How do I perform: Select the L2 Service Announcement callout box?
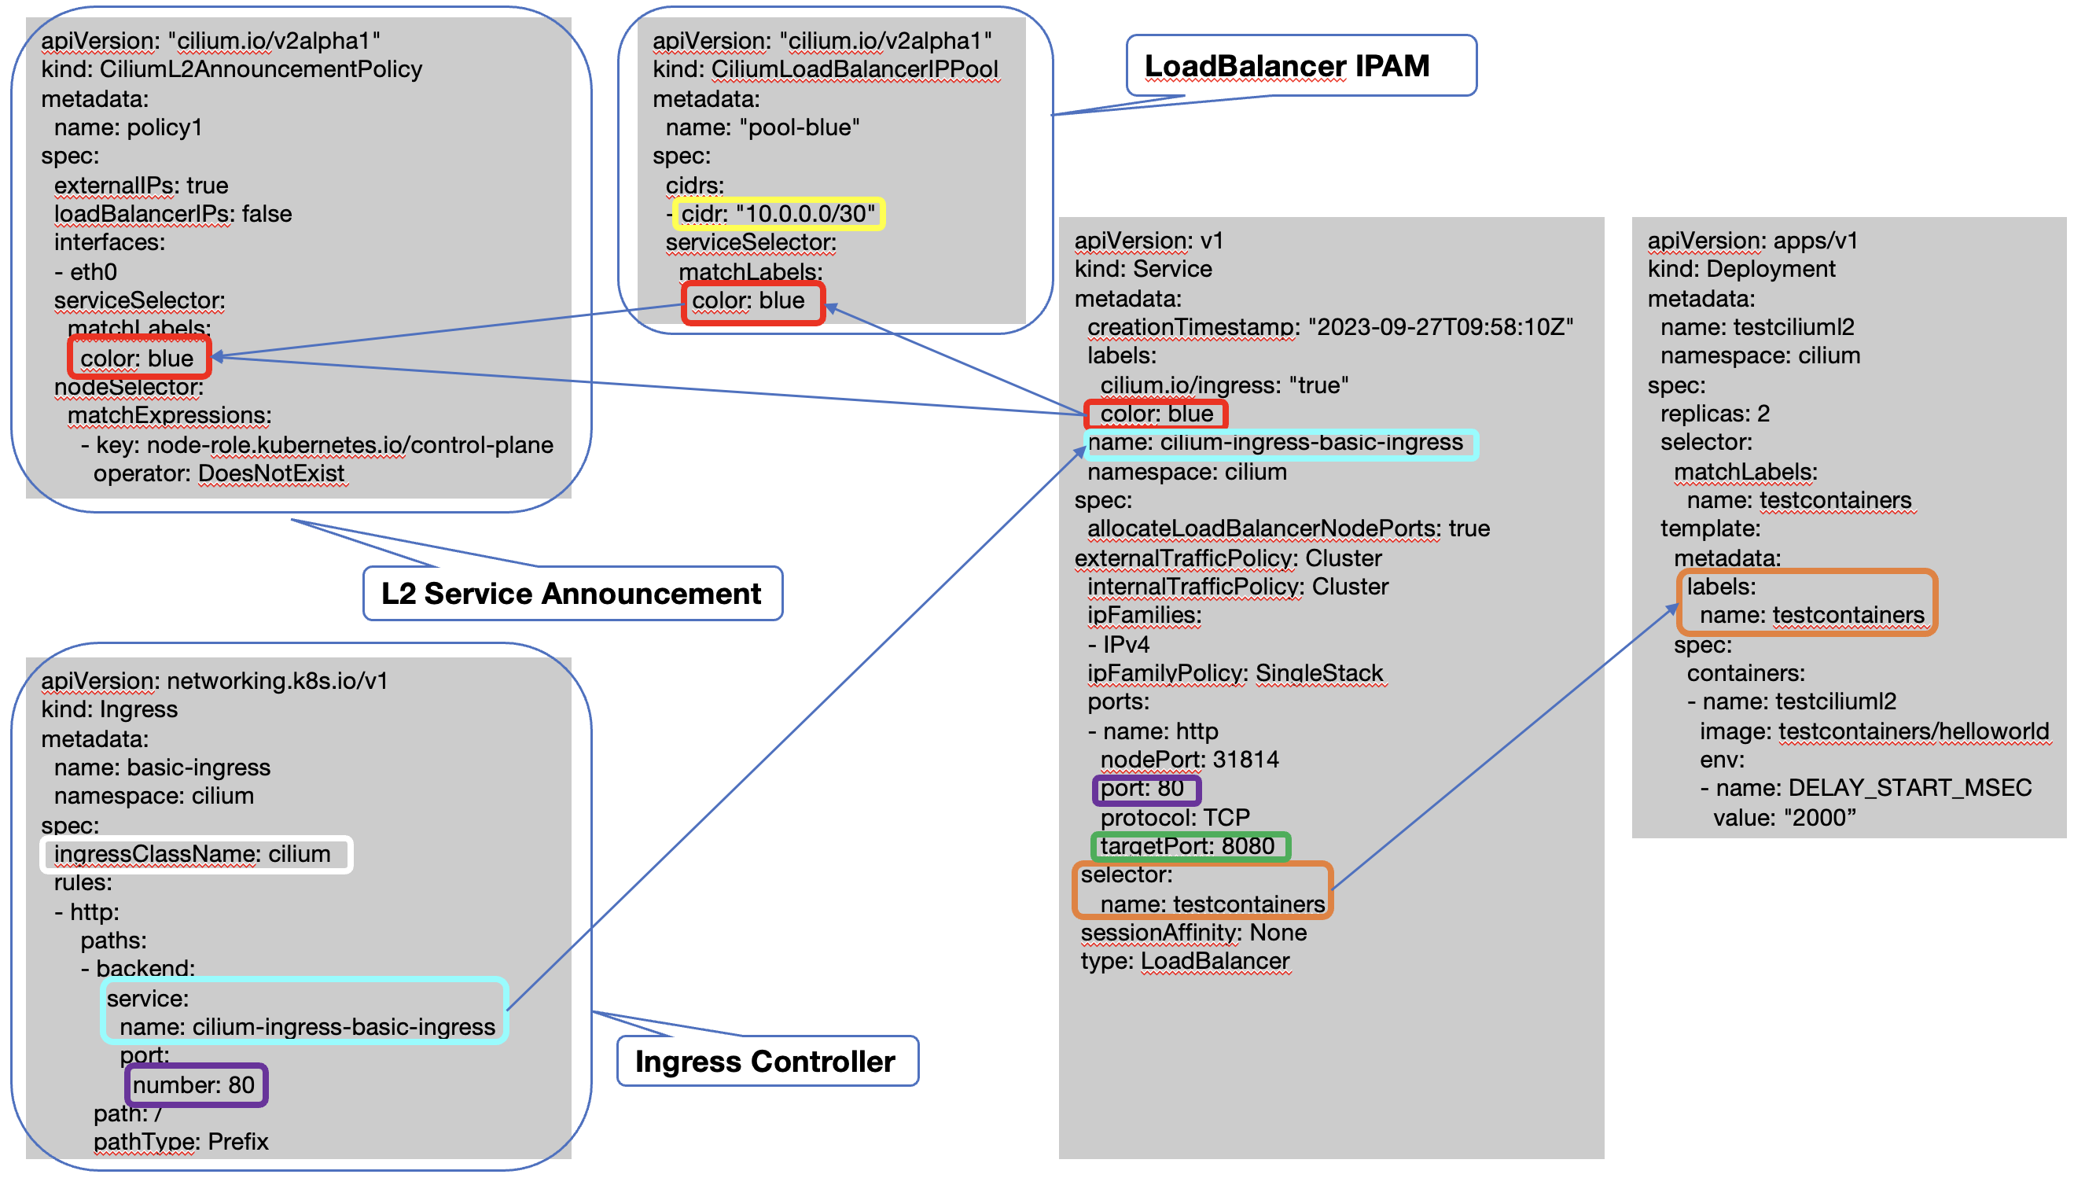click(571, 593)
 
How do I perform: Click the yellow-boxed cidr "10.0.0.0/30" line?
click(778, 214)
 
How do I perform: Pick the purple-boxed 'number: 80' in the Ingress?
click(194, 1085)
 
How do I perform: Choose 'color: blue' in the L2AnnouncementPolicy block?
click(138, 359)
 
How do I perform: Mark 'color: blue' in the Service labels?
click(1157, 414)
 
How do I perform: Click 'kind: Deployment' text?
click(1741, 269)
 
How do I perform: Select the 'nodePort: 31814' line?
click(1189, 760)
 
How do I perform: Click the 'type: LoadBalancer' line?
click(1185, 961)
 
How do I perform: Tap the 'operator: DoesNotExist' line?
click(219, 473)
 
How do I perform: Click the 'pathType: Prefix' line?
click(181, 1142)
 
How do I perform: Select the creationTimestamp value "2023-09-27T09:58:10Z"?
click(1440, 327)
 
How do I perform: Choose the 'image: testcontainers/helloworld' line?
click(1874, 731)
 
